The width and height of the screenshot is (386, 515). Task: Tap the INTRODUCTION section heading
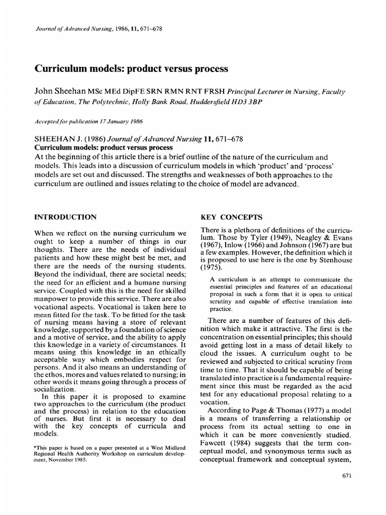coord(65,217)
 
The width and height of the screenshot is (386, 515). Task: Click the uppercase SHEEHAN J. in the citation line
coord(55,139)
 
